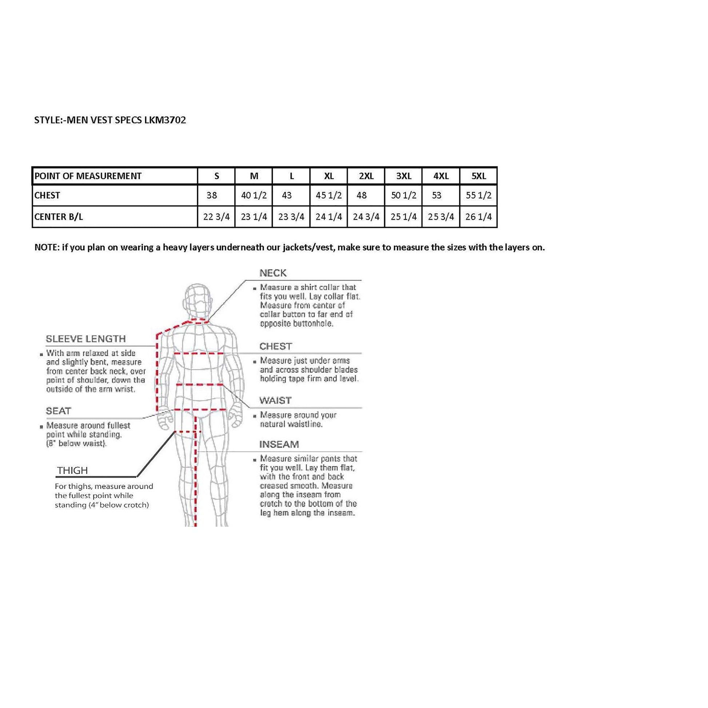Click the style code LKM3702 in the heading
pos(165,120)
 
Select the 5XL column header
pos(478,176)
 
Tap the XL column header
pos(329,176)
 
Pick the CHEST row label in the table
pos(47,196)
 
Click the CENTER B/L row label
pos(59,217)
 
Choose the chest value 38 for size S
pos(212,196)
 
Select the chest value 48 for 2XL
pos(361,196)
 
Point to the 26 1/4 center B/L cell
pos(478,217)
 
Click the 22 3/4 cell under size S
pos(216,217)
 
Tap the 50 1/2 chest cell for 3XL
pos(403,196)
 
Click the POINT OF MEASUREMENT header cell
pos(88,176)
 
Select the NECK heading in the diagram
pos(273,273)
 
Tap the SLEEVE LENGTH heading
pos(86,339)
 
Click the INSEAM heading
pos(279,445)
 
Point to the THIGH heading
pos(72,470)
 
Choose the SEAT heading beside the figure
pos(59,411)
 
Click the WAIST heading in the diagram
pos(275,400)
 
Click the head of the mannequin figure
pos(198,299)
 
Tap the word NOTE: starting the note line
pos(47,247)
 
